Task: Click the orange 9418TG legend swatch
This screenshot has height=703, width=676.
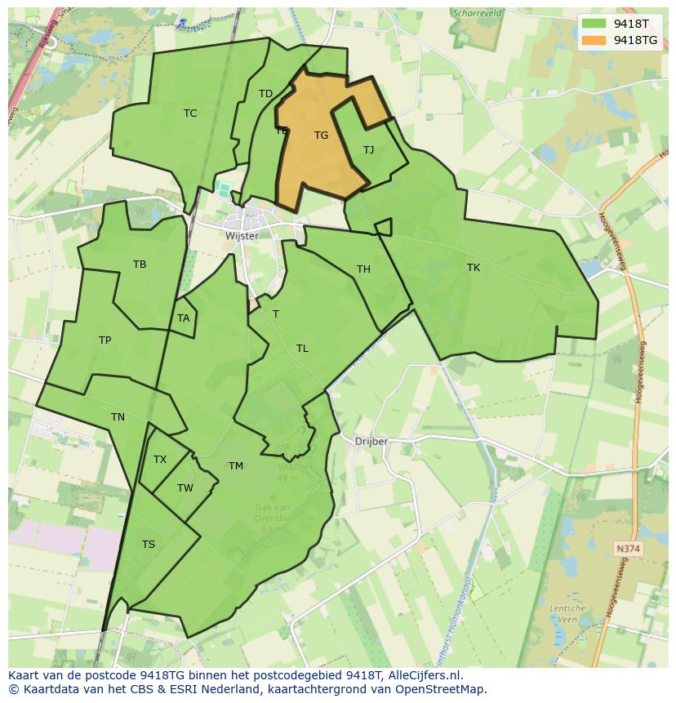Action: pos(594,40)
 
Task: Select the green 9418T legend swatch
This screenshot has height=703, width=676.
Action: pos(594,24)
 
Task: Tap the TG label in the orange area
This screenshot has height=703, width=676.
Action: pos(321,136)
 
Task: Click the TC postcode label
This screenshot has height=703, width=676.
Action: pos(190,113)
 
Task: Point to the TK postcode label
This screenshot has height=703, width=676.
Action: pos(474,268)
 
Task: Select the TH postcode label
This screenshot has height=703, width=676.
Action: pos(363,269)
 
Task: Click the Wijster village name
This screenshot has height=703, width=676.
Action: pos(242,236)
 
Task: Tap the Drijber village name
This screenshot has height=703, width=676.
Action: pos(371,442)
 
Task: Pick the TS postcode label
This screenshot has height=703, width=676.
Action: pos(148,545)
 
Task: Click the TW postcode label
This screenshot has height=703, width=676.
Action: pos(185,488)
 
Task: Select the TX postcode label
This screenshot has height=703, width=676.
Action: pos(160,460)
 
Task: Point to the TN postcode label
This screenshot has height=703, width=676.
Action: pos(118,417)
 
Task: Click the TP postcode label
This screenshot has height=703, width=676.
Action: pos(105,340)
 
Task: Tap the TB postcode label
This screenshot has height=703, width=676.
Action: pos(140,265)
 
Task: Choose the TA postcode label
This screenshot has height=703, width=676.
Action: pos(183,318)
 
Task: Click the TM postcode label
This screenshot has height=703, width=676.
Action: pos(236,466)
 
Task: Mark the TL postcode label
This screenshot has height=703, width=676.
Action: pos(302,349)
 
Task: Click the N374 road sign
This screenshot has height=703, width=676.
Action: pos(627,549)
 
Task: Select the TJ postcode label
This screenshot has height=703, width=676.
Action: pos(368,149)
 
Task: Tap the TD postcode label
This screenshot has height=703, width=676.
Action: pos(265,94)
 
